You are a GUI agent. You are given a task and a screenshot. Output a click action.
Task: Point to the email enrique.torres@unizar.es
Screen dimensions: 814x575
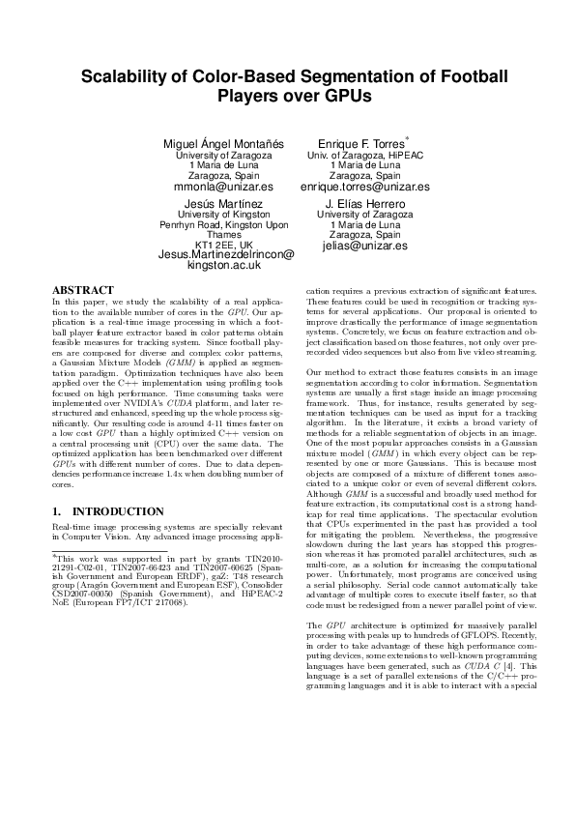click(x=364, y=187)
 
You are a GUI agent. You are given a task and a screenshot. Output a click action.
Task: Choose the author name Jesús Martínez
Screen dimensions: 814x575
click(x=225, y=204)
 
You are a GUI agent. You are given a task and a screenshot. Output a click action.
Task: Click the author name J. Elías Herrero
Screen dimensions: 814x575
click(x=363, y=204)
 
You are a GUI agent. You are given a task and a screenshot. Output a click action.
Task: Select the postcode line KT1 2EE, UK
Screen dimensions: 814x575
click(x=224, y=245)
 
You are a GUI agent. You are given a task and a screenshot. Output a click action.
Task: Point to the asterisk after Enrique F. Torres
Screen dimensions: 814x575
click(x=408, y=138)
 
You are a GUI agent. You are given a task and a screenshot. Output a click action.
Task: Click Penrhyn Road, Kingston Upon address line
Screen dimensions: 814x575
click(x=225, y=224)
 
